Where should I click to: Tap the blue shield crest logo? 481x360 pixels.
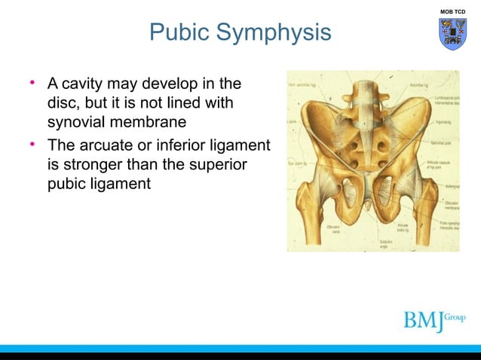point(452,34)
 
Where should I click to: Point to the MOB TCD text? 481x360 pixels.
point(452,11)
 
